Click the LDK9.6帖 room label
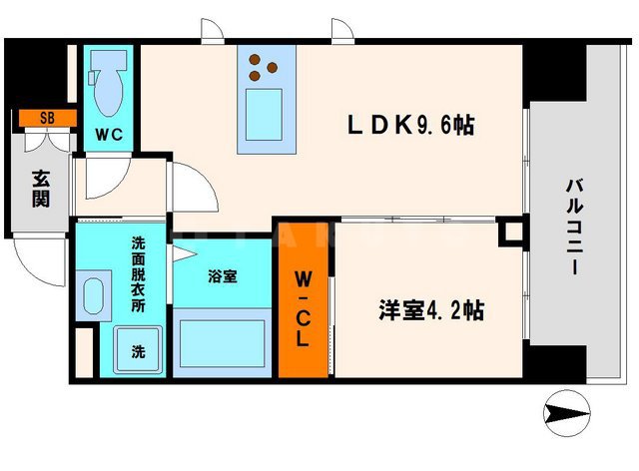(409, 126)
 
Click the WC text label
(108, 134)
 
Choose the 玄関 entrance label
(41, 190)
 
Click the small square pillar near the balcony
(511, 234)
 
